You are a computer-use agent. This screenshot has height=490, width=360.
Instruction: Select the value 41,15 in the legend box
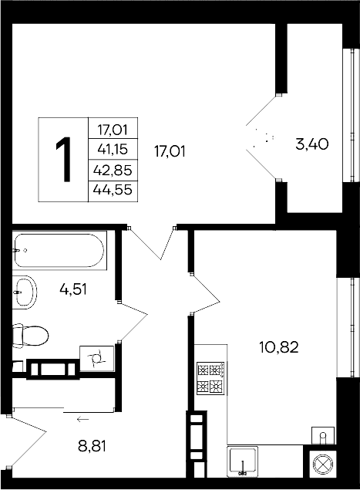tap(113, 148)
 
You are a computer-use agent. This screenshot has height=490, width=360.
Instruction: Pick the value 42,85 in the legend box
tap(113, 171)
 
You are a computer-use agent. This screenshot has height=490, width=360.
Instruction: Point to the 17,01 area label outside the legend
tap(170, 151)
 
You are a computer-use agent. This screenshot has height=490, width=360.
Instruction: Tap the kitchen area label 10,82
tap(278, 348)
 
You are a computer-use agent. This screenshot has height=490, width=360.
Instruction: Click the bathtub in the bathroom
tap(59, 251)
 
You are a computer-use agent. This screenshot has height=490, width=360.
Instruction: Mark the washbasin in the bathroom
tap(24, 292)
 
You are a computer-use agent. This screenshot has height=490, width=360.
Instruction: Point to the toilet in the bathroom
tap(30, 336)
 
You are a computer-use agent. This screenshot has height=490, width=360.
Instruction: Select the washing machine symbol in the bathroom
tap(97, 358)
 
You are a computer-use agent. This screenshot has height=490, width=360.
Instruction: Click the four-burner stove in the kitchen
tap(210, 378)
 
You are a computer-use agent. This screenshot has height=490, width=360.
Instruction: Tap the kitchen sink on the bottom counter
tap(244, 463)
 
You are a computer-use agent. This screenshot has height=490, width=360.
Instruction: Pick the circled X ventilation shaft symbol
tap(320, 467)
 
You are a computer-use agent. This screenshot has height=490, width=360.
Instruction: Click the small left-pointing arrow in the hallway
tap(82, 419)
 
